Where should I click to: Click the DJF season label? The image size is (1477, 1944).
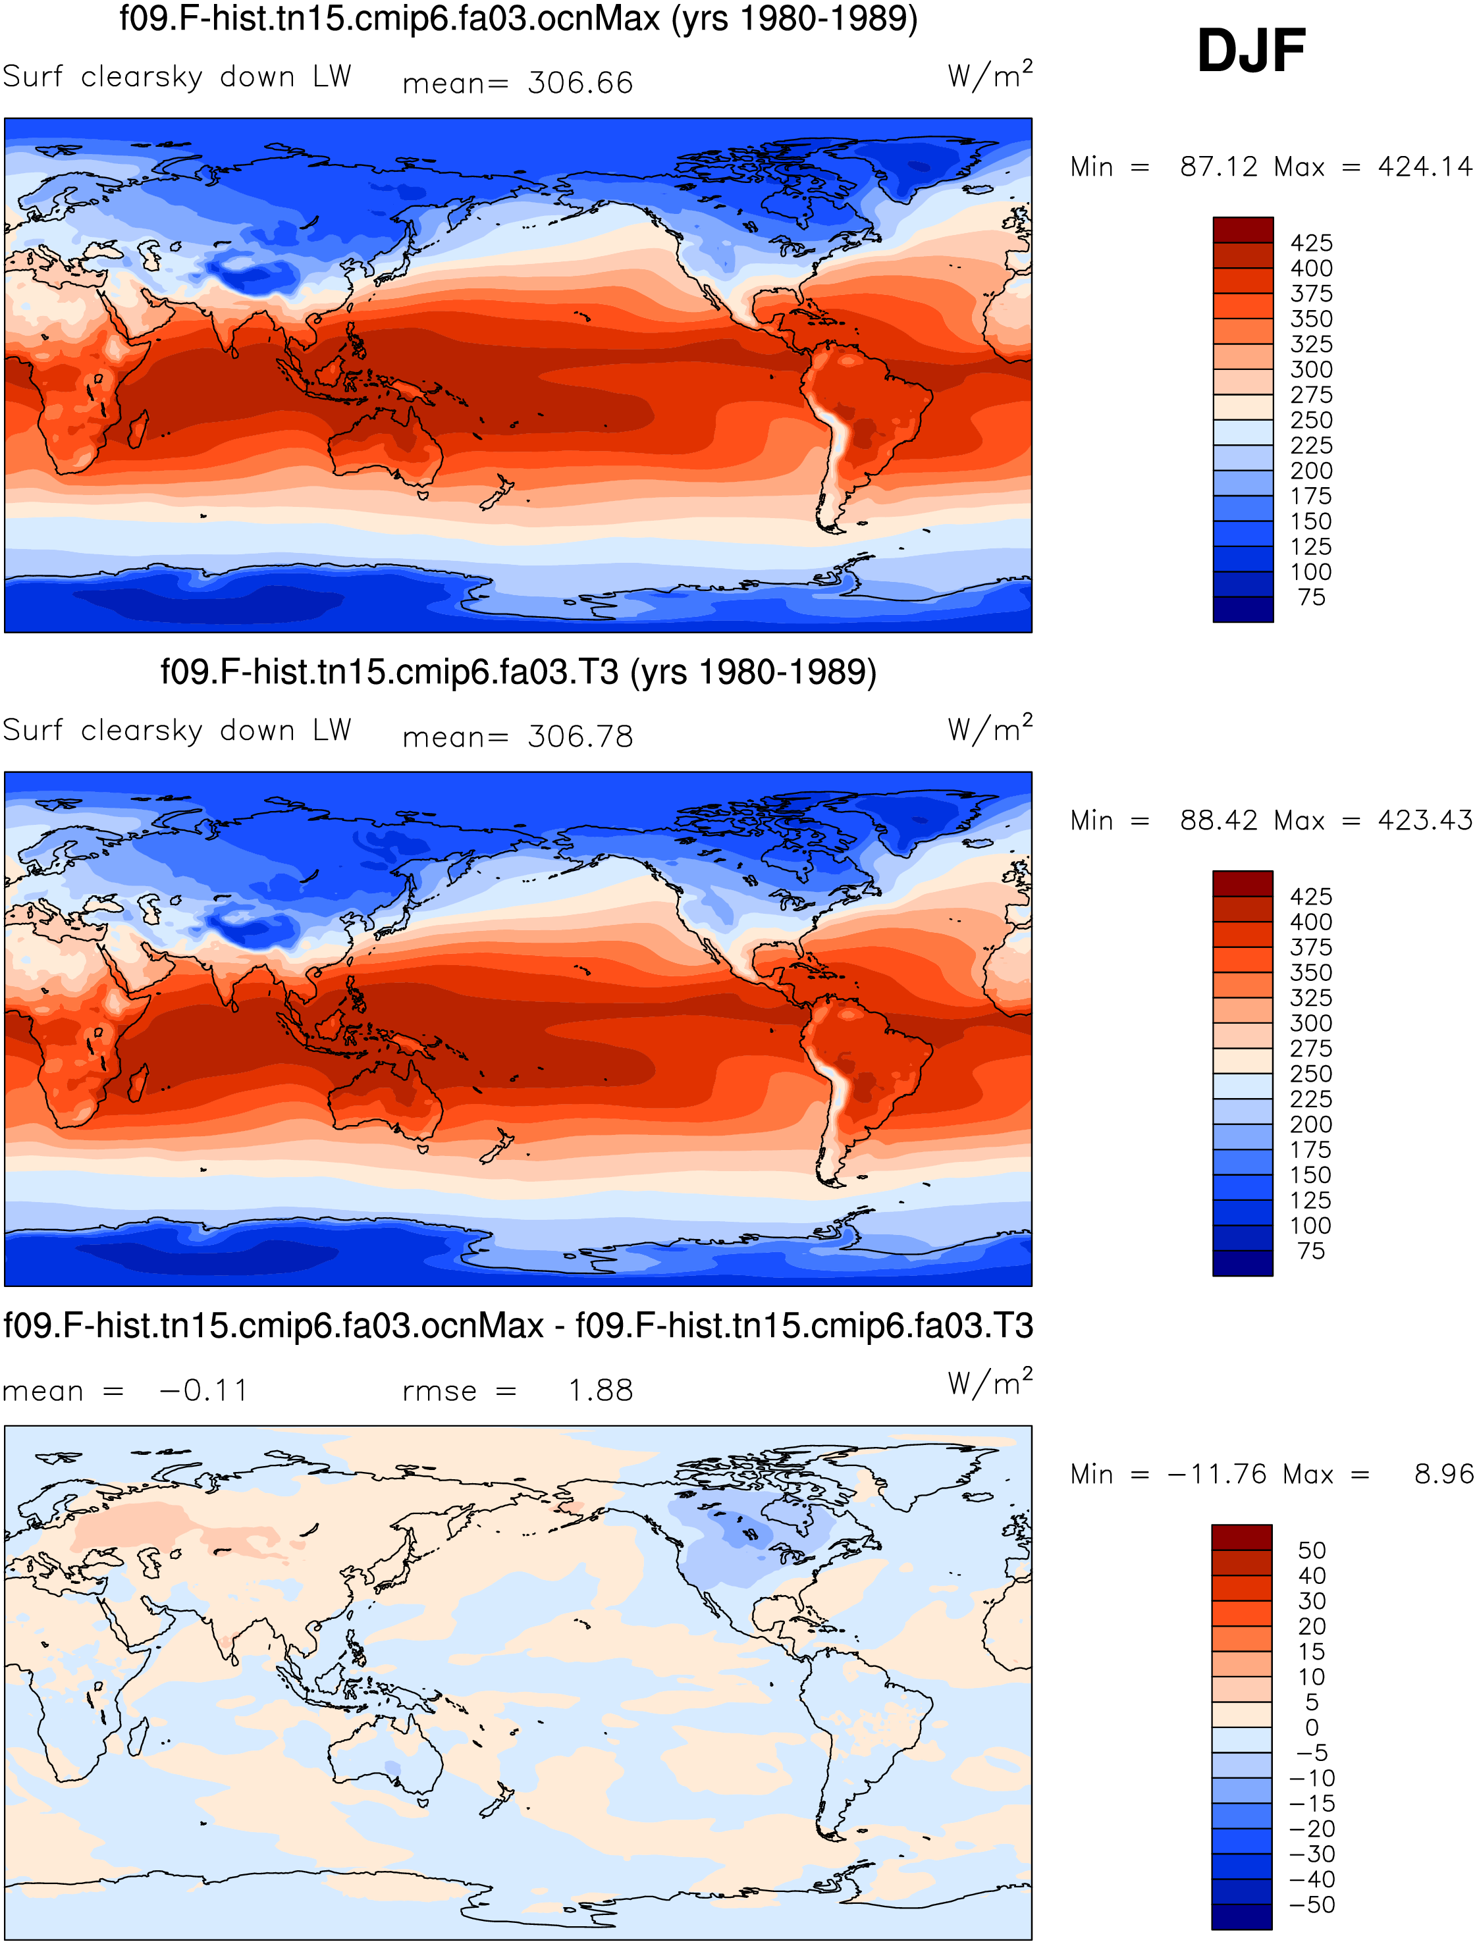(1251, 51)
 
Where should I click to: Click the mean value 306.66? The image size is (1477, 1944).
(580, 82)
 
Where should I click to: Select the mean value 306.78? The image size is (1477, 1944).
(580, 737)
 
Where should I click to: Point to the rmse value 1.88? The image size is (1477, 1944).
(601, 1390)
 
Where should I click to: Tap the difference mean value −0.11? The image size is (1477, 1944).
(204, 1390)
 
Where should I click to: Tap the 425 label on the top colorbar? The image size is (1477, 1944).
(1312, 242)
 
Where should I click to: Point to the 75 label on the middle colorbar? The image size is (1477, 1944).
(1311, 1251)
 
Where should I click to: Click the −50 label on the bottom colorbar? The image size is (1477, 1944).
(1312, 1905)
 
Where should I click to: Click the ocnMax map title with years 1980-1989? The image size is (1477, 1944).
(519, 18)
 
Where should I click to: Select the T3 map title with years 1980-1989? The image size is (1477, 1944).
(519, 672)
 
